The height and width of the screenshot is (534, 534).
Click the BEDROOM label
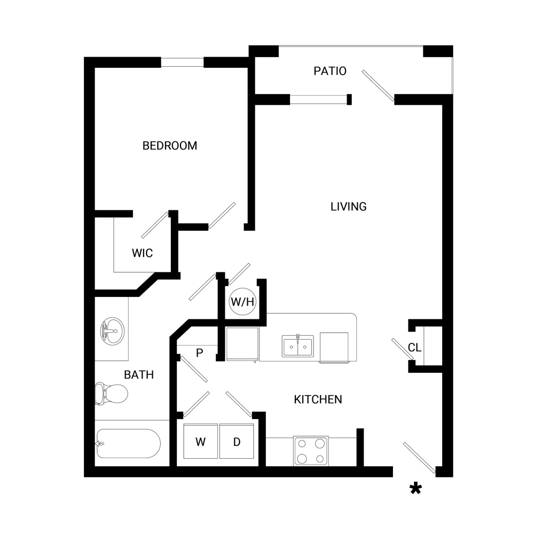[170, 146]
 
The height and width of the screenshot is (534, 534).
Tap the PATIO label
[330, 71]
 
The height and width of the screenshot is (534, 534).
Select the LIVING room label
[348, 207]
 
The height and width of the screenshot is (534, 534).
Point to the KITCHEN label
[318, 399]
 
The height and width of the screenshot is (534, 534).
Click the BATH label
[139, 375]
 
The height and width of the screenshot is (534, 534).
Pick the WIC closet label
[143, 253]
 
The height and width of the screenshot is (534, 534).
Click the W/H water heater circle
[242, 302]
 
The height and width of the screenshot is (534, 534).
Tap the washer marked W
[201, 442]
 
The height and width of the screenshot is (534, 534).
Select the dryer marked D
[237, 442]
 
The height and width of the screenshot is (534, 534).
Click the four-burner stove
[311, 451]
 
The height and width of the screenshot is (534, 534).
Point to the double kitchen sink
[298, 346]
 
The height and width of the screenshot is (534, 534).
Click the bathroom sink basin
[112, 331]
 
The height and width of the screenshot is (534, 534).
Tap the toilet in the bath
[111, 394]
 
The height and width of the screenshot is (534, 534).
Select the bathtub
[128, 443]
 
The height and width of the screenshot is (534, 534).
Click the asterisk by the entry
[415, 489]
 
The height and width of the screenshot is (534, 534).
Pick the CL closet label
[414, 348]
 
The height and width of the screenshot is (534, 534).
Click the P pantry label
[200, 353]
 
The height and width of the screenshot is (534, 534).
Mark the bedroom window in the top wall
[182, 62]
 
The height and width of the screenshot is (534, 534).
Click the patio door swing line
[378, 85]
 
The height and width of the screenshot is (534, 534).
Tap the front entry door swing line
[419, 458]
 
